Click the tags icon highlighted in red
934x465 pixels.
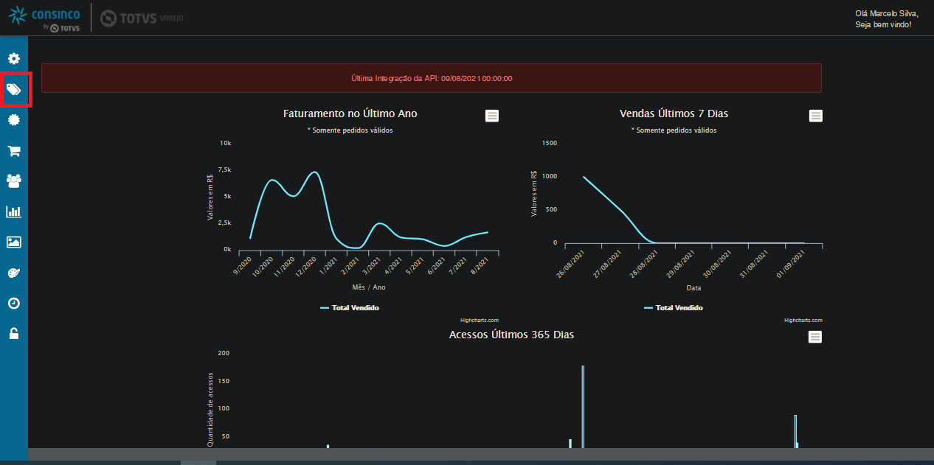pyautogui.click(x=14, y=89)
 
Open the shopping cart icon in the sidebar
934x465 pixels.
pyautogui.click(x=14, y=151)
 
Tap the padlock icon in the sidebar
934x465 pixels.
pyautogui.click(x=14, y=333)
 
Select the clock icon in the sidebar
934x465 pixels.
pyautogui.click(x=14, y=303)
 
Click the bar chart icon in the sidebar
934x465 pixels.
pyautogui.click(x=14, y=211)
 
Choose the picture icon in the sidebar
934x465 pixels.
pyautogui.click(x=14, y=242)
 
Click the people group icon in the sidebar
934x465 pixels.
pyautogui.click(x=14, y=181)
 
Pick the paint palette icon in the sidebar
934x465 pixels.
pyautogui.click(x=14, y=273)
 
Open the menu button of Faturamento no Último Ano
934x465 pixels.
pyautogui.click(x=492, y=116)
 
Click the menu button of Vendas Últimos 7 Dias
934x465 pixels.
pyautogui.click(x=816, y=116)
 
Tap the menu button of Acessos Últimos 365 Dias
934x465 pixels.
pyautogui.click(x=815, y=337)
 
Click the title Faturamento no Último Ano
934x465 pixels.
pyautogui.click(x=350, y=113)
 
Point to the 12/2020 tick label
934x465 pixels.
pyautogui.click(x=306, y=266)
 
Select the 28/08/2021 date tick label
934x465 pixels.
pyautogui.click(x=643, y=264)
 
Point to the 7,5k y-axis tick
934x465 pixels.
pyautogui.click(x=224, y=169)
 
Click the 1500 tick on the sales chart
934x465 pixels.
pyautogui.click(x=549, y=143)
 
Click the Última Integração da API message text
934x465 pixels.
pyautogui.click(x=432, y=78)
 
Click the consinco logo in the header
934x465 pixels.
pyautogui.click(x=44, y=18)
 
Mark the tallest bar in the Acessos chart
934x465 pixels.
pyautogui.click(x=583, y=407)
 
